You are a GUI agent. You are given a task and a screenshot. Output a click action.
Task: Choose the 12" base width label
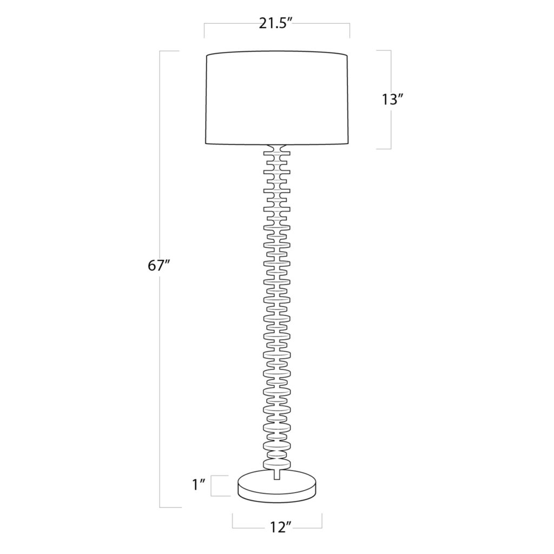278,527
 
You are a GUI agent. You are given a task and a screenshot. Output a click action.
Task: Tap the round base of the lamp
277,485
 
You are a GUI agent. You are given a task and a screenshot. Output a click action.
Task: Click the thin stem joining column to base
277,472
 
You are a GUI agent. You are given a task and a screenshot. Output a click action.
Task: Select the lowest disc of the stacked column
277,464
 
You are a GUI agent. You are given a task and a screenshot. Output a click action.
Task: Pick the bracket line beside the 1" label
212,485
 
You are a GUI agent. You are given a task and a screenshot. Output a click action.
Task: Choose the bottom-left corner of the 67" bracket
161,507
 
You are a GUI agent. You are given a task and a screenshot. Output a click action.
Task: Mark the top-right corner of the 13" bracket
391,51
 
